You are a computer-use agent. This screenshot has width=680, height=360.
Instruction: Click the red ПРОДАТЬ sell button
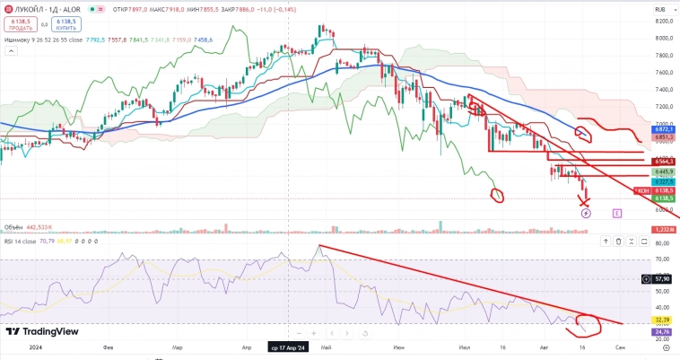tap(21, 23)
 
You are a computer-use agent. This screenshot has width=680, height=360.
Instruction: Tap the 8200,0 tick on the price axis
tap(664, 21)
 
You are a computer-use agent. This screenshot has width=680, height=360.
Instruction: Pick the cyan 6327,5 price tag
tap(664, 180)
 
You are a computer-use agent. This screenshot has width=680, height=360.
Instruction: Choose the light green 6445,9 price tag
tap(664, 171)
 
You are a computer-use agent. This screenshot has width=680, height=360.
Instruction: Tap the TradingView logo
tap(42, 331)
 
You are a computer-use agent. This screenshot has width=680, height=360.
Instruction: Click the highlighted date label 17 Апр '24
tap(289, 346)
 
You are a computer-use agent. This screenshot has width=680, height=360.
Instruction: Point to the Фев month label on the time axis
tap(108, 346)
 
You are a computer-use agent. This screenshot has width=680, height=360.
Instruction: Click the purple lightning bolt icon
tap(586, 213)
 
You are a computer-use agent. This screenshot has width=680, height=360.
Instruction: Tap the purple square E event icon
tap(617, 213)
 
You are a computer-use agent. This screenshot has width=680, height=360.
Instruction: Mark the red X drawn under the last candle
tap(586, 200)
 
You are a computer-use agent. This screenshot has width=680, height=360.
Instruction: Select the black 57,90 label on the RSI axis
tap(664, 280)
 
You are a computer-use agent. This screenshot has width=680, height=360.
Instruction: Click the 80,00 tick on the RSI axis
tap(664, 242)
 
